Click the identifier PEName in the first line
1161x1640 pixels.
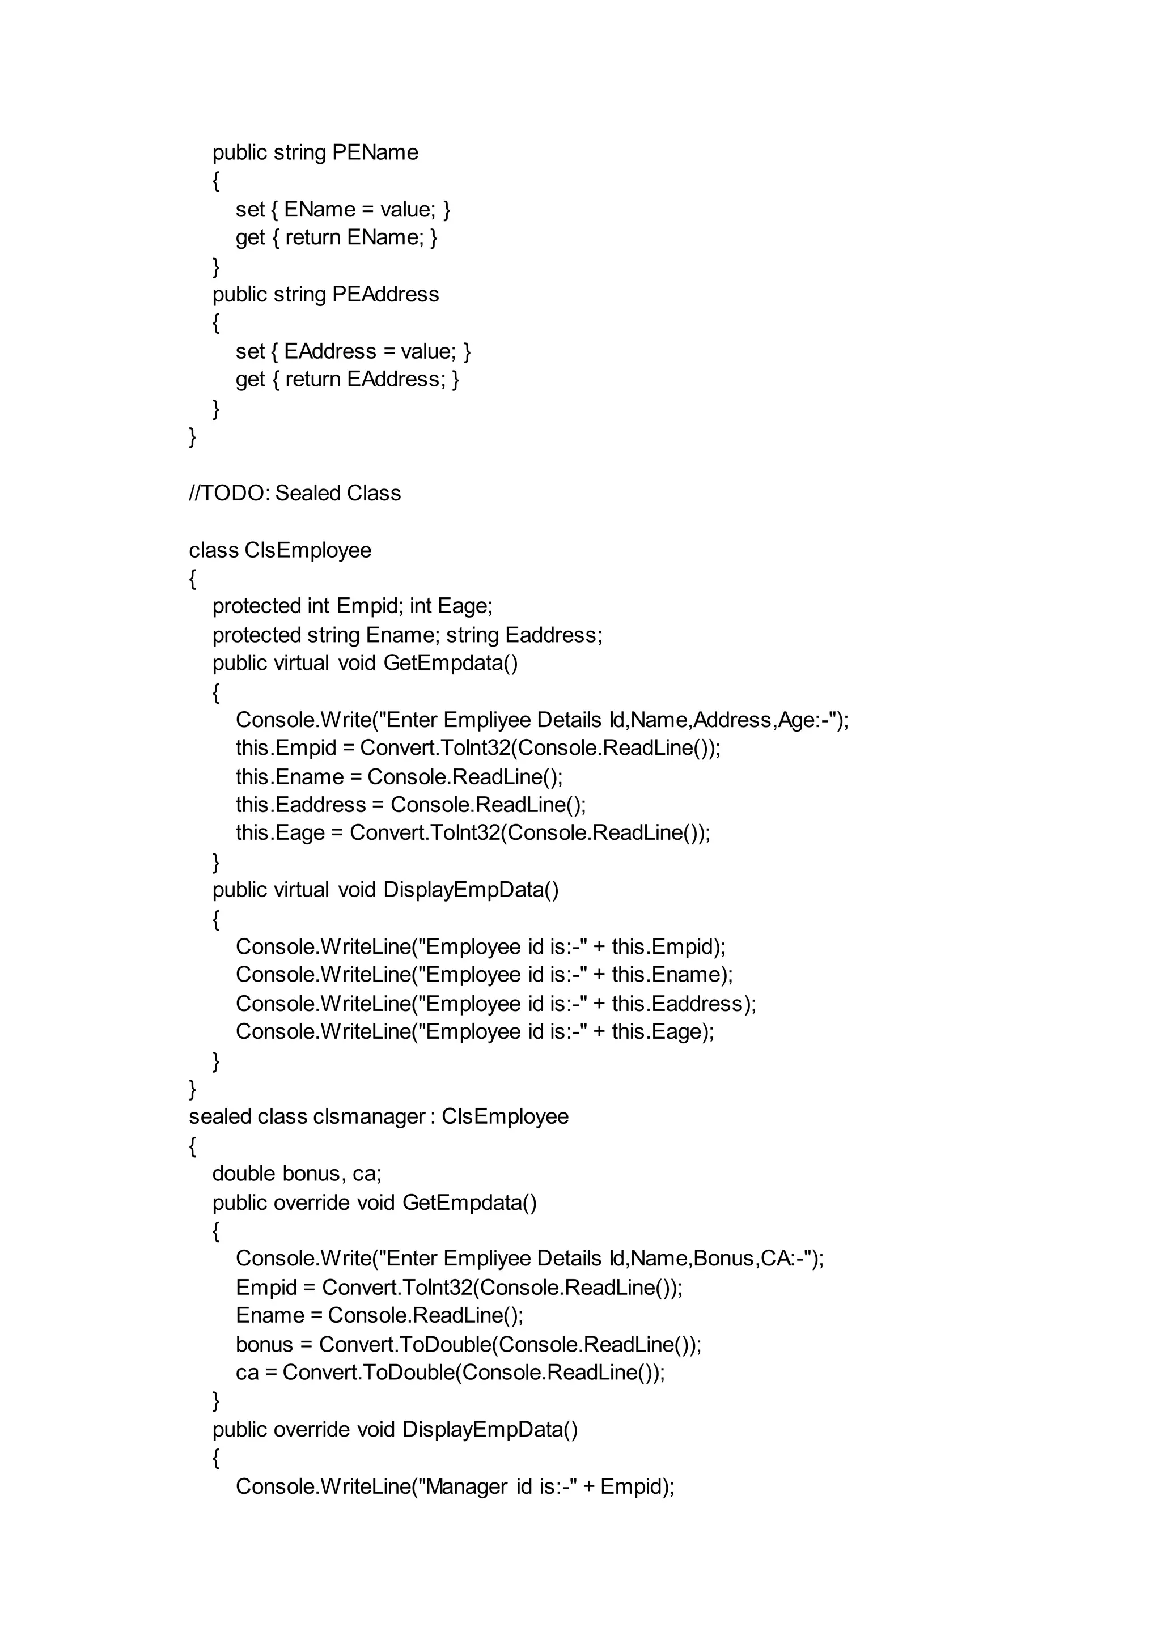click(375, 152)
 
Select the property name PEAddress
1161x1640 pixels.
click(385, 295)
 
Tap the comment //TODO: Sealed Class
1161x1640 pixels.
click(295, 493)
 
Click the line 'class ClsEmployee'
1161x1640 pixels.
click(280, 550)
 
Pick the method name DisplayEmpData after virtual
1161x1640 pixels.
click(471, 890)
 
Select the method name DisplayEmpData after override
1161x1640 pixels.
click(490, 1429)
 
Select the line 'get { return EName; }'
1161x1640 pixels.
click(336, 237)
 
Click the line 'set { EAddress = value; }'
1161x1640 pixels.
click(353, 351)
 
